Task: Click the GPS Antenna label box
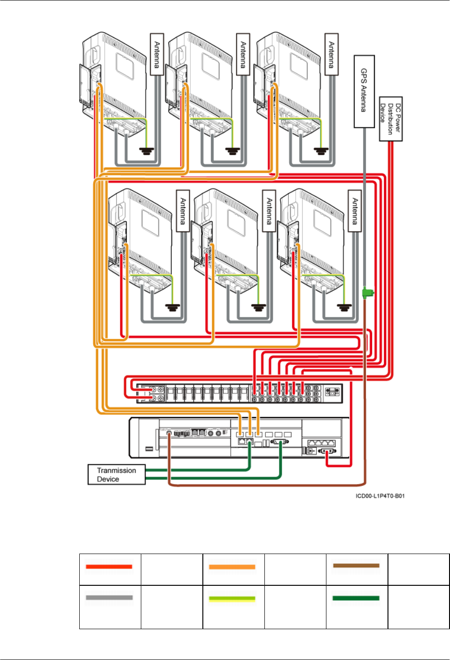364,91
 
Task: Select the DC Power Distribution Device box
391,119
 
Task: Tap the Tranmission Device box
117,475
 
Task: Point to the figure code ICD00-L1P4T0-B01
380,496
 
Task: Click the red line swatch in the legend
109,567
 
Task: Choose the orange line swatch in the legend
232,567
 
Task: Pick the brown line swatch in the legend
356,566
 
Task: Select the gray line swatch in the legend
109,597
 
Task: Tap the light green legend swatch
232,598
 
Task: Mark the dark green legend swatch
356,598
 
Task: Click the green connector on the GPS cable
368,293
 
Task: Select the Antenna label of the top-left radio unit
157,54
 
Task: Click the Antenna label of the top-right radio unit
332,54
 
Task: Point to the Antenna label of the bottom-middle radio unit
269,211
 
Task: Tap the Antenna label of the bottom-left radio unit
183,211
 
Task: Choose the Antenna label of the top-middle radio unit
243,54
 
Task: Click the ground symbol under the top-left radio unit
147,151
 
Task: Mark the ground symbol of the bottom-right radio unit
345,308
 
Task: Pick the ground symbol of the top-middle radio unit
233,151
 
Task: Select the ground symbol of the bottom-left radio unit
173,308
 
